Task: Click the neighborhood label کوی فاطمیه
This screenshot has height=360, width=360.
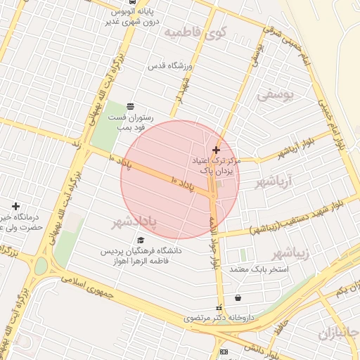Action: click(x=195, y=32)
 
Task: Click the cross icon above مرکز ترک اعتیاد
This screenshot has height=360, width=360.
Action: click(x=216, y=149)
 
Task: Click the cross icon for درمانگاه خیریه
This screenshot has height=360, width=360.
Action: click(x=15, y=206)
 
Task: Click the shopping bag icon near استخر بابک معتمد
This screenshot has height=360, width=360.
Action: click(x=238, y=298)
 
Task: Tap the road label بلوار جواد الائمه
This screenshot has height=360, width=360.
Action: click(x=213, y=245)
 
